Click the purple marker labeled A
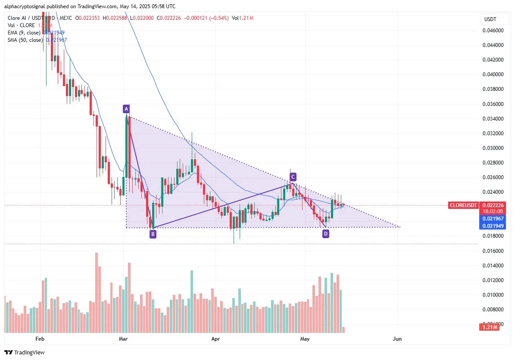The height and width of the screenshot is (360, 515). tap(126, 109)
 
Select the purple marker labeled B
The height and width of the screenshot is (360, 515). tap(153, 234)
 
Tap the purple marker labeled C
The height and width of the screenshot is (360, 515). tap(293, 177)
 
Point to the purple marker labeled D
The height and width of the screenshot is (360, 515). tap(326, 233)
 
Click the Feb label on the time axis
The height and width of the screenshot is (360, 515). tap(40, 339)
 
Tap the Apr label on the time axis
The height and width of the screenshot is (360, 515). tap(216, 339)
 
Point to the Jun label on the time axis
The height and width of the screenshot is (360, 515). tap(397, 339)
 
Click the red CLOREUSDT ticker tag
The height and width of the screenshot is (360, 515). tap(463, 205)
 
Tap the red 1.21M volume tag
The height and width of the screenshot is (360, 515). tap(489, 328)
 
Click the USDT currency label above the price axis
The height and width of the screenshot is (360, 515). tap(490, 19)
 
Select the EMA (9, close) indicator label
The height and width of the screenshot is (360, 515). tap(25, 33)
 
